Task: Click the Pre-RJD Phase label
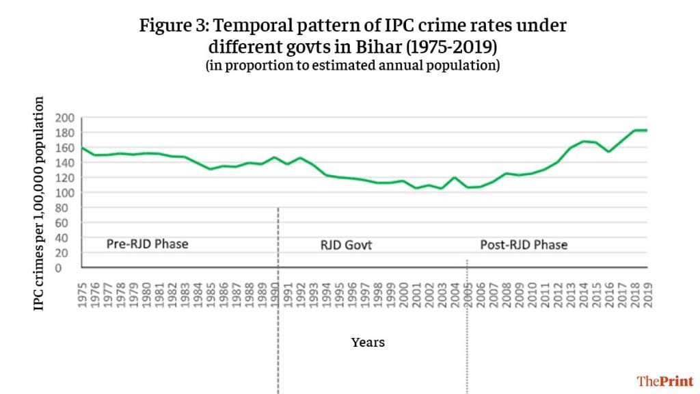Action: point(147,244)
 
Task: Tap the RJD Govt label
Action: point(346,244)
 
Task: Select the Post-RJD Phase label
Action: point(524,244)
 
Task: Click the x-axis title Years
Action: point(368,341)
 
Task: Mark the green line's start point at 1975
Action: point(83,148)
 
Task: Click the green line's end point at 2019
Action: point(646,130)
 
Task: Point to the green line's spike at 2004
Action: point(455,177)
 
